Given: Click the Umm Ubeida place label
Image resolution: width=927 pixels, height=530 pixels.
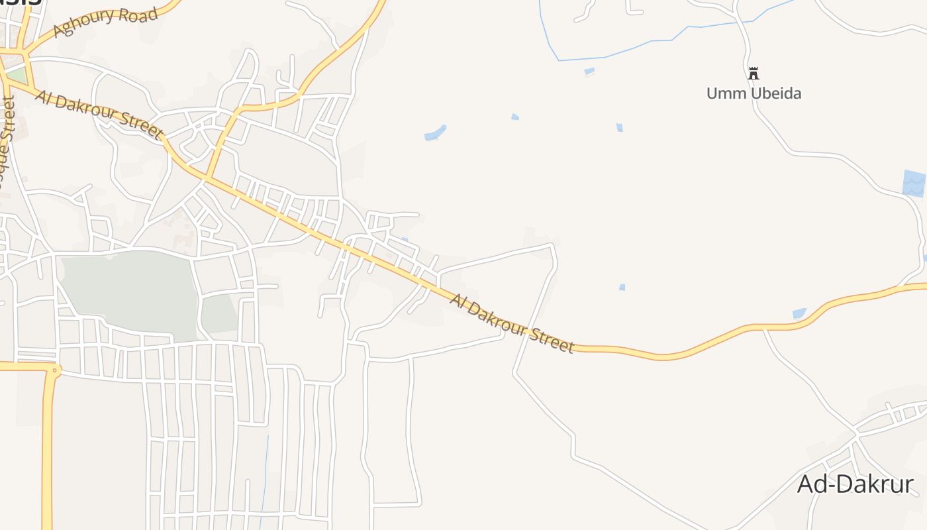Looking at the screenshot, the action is pos(754,93).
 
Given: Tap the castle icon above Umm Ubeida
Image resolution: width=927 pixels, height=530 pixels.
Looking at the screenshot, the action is pos(753,73).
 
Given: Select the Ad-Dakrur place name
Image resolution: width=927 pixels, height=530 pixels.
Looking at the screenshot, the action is pos(855,484).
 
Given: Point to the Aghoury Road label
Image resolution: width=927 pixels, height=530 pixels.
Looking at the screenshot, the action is pos(106,23).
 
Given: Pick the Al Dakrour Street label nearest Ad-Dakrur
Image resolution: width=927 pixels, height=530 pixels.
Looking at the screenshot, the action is pos(512,323).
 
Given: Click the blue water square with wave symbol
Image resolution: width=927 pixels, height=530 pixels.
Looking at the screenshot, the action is pos(914,183).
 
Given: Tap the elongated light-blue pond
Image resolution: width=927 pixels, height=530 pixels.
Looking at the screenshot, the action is pos(435,133).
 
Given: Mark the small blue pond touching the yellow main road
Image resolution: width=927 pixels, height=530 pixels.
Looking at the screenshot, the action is pos(799,313).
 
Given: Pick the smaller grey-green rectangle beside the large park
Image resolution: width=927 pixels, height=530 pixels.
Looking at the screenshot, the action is pos(219,313).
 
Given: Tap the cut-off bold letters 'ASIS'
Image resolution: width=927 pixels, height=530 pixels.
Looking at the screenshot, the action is pos(20,2).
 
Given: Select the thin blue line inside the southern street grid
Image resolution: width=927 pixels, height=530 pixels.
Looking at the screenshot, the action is pos(265,477).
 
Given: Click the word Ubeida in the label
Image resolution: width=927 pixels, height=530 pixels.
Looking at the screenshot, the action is pos(772,93).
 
